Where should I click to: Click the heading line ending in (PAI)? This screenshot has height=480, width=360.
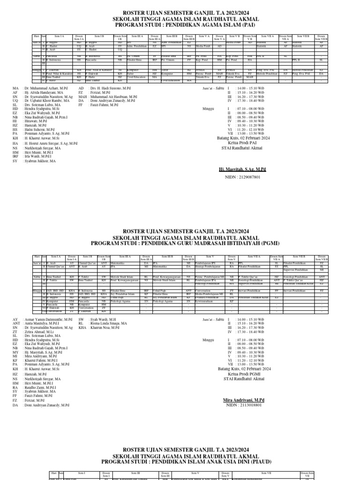click(x=180, y=25)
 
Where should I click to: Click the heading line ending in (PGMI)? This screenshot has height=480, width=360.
click(x=180, y=244)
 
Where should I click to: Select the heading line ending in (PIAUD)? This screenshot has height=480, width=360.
click(x=180, y=462)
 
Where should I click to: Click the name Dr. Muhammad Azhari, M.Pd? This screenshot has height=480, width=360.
click(x=46, y=88)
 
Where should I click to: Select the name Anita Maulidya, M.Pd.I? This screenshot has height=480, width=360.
click(x=43, y=323)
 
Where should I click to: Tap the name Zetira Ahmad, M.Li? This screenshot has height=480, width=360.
click(x=40, y=332)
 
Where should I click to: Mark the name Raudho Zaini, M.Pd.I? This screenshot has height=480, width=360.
click(x=41, y=388)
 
